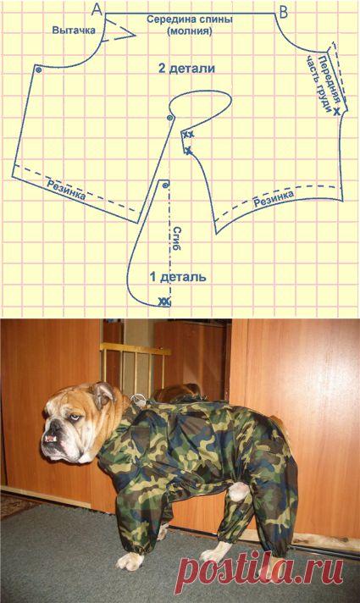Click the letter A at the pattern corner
pos(97,9)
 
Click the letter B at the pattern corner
pos(283,13)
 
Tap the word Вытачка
pos(74,30)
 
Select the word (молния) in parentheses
pos(190,32)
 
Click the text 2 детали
pos(186,69)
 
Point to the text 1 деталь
pos(178,276)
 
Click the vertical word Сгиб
pos(177,239)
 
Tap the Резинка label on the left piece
pos(66,189)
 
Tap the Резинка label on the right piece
pos(274,198)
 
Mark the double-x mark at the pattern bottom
pos(164,301)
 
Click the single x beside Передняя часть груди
pos(336,112)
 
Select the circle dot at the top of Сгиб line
pos(165,185)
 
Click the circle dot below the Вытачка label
pos(38,69)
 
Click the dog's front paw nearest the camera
pos(130,562)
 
